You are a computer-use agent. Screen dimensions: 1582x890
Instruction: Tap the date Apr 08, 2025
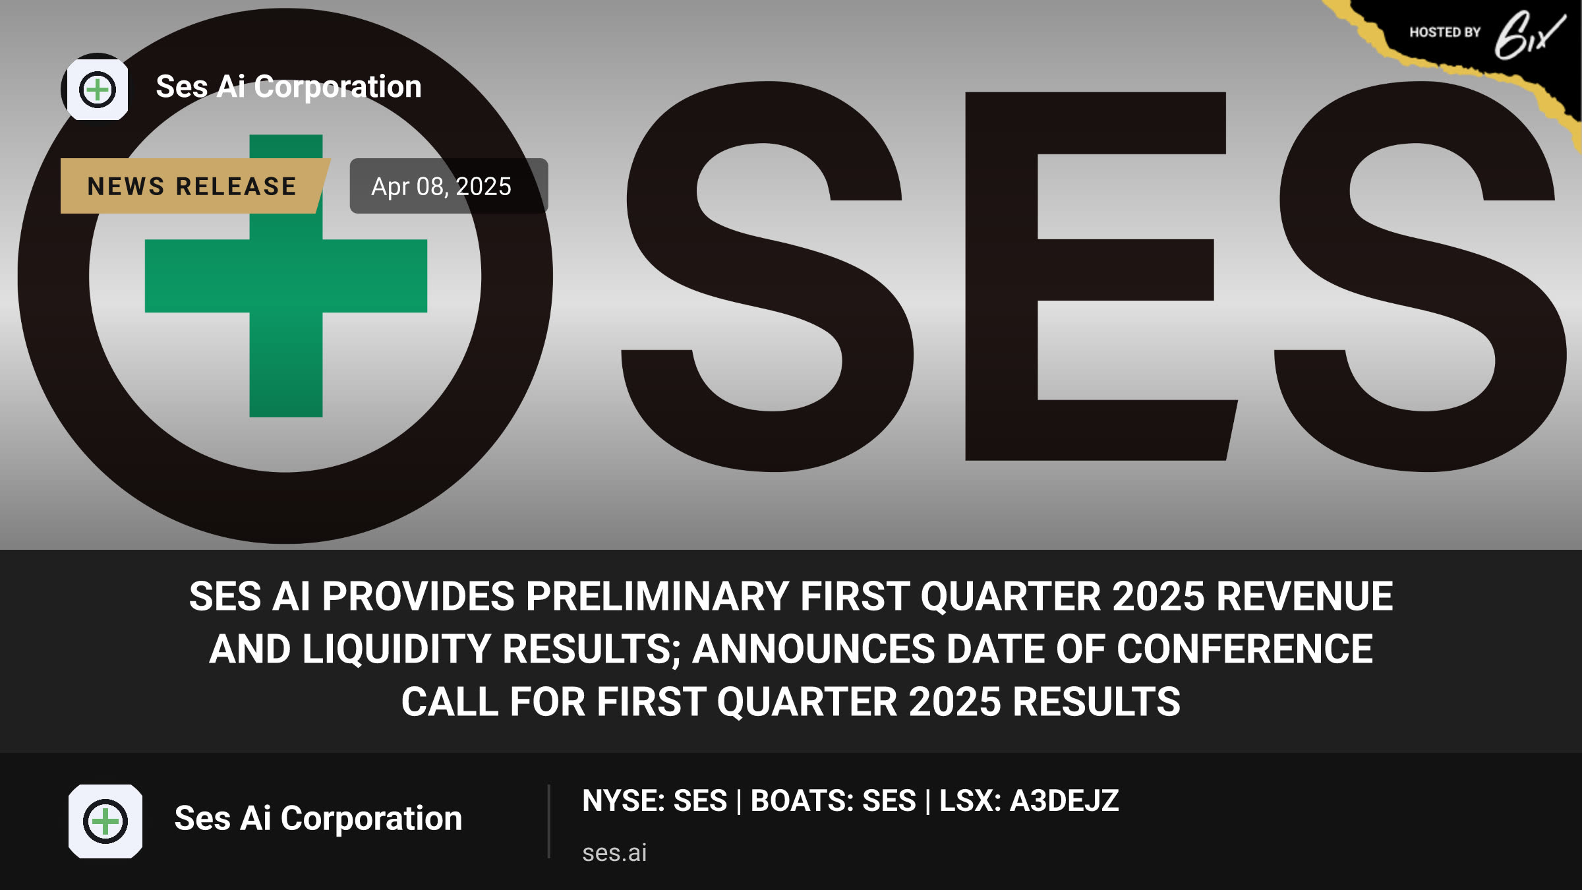(x=441, y=187)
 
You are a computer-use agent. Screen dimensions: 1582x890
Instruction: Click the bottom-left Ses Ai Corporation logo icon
(x=105, y=821)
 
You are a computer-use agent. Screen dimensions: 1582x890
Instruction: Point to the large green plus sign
(x=286, y=276)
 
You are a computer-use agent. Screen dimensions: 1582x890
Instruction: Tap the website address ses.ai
(x=614, y=852)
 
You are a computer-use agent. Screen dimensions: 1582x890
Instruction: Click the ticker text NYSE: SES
(x=655, y=800)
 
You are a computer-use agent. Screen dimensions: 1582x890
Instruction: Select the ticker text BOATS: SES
(x=833, y=800)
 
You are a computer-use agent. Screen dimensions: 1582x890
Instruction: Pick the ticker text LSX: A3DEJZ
(x=1029, y=800)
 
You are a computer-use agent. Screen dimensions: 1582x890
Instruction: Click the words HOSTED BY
(x=1445, y=32)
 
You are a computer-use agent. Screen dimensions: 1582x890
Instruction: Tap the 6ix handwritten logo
(x=1529, y=35)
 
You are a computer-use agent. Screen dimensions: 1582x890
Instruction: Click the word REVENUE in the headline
(x=1304, y=596)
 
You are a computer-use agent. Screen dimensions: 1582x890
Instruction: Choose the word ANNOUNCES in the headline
(x=813, y=649)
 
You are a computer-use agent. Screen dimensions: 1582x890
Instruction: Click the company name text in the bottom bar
(x=318, y=818)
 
